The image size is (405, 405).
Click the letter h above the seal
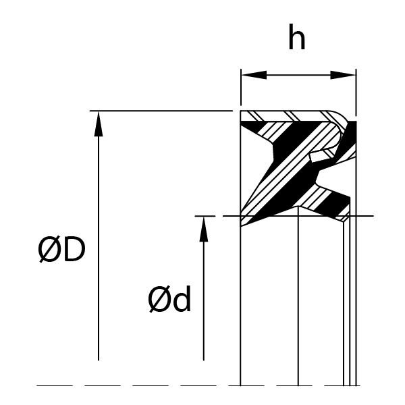297,36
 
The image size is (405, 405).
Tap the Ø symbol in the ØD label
49,249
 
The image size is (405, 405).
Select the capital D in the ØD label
74,249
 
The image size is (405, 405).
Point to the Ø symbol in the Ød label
160,299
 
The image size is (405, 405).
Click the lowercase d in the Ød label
182,298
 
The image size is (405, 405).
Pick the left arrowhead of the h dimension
254,75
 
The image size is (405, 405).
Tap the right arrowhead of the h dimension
343,75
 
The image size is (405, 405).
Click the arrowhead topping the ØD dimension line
99,124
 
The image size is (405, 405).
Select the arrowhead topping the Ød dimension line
204,229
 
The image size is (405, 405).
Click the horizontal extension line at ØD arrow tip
161,111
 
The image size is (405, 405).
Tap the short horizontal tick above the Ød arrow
205,216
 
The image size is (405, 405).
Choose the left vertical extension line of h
241,87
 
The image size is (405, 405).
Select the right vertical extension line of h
356,92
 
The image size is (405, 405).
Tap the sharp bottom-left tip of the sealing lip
241,225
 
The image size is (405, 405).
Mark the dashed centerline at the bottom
198,385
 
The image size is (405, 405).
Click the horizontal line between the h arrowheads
298,75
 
